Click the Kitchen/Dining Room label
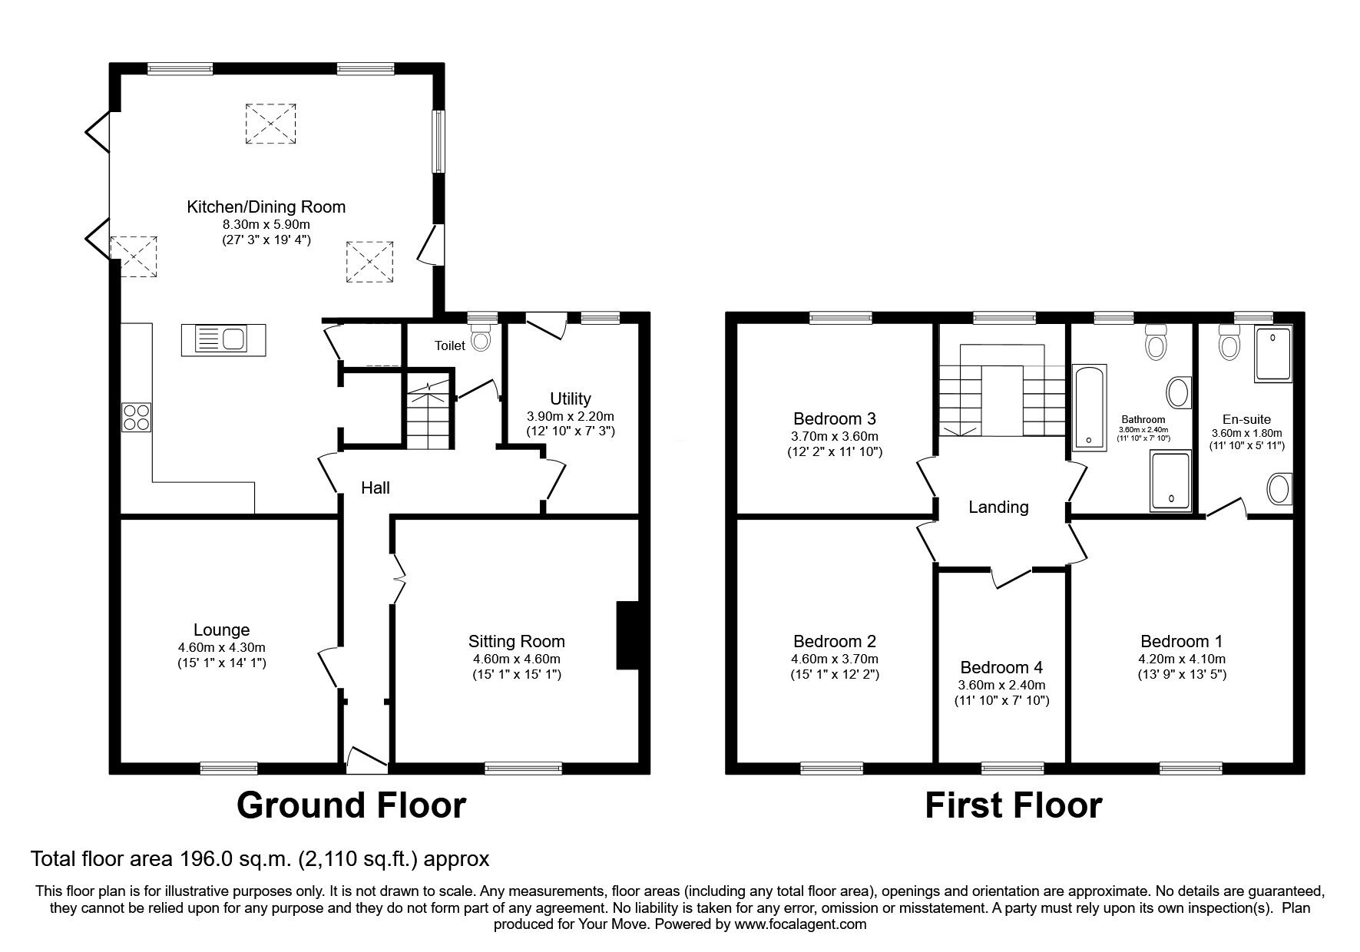point(266,207)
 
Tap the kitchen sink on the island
point(223,339)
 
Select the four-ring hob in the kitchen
point(137,417)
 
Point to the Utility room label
point(571,398)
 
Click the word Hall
point(376,488)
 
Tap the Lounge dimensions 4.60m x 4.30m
point(221,647)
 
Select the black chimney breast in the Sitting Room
point(627,636)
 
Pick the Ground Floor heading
point(351,805)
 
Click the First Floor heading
point(1014,805)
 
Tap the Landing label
point(998,507)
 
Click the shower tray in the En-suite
point(1274,354)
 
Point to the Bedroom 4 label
point(1001,667)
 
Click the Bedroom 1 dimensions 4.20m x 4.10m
point(1182,659)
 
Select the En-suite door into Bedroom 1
point(1228,510)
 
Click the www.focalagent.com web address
point(800,924)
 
